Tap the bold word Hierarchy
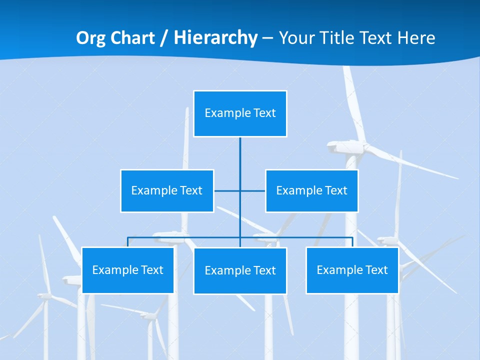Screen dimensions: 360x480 215,38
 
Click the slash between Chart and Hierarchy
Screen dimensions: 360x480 164,38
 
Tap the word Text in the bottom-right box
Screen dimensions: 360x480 376,270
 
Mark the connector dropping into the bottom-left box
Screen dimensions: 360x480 127,242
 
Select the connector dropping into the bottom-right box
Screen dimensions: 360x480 352,242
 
